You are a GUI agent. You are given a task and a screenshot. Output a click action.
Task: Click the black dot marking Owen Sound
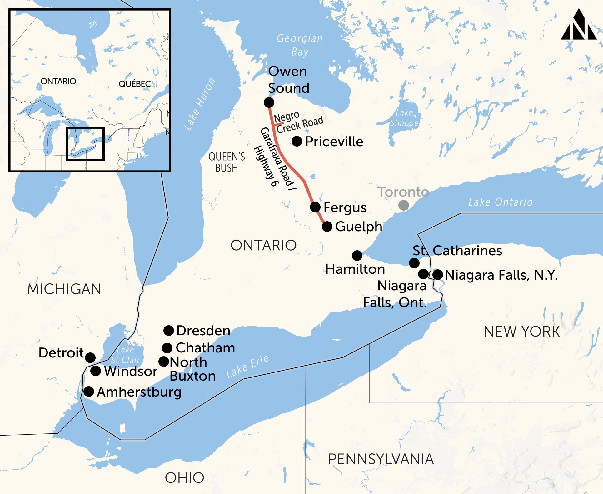coord(269,102)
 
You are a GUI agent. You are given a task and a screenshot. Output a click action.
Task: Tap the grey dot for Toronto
coord(403,205)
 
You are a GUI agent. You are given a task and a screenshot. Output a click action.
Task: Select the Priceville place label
coord(334,142)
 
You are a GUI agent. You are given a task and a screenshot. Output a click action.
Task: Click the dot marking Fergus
coord(315,207)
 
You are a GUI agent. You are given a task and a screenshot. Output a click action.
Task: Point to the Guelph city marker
coord(327,227)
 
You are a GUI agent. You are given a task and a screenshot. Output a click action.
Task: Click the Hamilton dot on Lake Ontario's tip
coord(357,256)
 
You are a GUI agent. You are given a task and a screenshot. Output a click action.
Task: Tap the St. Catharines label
coord(457,251)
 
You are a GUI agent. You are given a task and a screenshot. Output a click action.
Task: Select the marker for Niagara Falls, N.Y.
coord(437,275)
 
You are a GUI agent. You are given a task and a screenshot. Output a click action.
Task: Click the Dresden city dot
coord(168,330)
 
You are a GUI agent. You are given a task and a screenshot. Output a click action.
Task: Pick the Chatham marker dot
coord(167,348)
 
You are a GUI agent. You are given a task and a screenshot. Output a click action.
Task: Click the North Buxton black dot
coord(164,362)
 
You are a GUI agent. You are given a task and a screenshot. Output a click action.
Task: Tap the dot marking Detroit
coord(90,357)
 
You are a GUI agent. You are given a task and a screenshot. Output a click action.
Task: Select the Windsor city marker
coord(95,371)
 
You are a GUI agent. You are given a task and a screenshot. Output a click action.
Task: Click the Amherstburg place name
coord(139,392)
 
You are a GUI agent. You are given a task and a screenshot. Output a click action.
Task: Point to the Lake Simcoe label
coord(404,118)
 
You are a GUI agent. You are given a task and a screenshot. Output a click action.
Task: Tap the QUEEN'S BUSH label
coord(227,162)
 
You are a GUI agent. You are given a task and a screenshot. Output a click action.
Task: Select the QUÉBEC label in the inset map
coord(135,84)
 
